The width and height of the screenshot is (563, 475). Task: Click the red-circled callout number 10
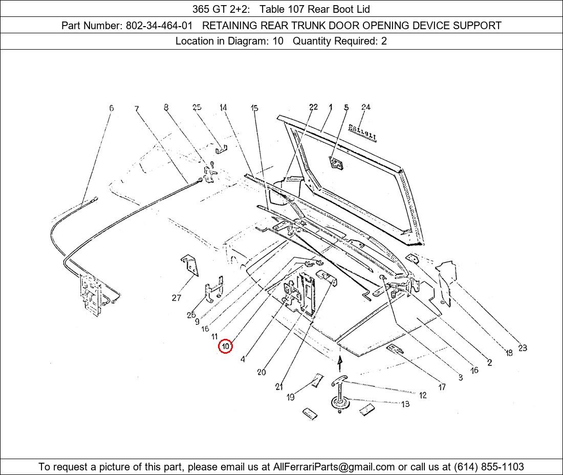coord(225,347)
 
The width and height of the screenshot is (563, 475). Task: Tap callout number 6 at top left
coord(111,108)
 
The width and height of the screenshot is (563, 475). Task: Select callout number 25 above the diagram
coord(197,107)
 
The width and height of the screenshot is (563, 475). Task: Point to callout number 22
coord(313,107)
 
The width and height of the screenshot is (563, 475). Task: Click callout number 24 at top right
coord(365,107)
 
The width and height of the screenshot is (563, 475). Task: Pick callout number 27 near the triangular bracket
coord(177,297)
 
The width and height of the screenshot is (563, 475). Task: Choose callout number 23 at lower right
coord(522,348)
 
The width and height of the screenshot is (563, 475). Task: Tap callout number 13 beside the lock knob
coord(405,404)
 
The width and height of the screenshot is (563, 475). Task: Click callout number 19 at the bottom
coord(291,397)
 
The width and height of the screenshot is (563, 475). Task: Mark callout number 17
coord(442,387)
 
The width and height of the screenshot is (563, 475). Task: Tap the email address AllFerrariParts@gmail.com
coord(334,467)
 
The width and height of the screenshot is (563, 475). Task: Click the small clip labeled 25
coord(221,149)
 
